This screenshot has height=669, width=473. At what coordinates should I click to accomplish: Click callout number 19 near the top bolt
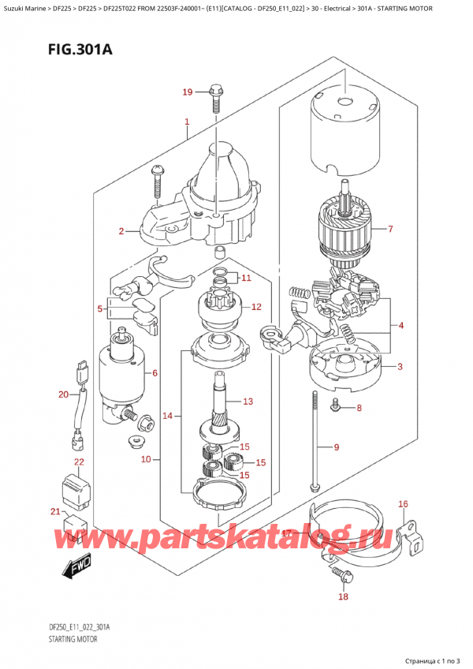point(187,92)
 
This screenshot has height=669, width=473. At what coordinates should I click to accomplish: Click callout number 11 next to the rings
point(245,278)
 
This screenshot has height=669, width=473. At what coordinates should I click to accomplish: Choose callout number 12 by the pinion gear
point(255,307)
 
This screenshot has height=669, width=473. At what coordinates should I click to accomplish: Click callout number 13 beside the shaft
point(248,402)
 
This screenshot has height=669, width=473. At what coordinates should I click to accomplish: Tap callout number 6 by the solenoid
point(155,373)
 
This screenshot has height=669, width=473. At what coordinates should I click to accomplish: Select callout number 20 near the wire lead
point(63,394)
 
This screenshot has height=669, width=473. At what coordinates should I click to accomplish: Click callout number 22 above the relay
point(79,462)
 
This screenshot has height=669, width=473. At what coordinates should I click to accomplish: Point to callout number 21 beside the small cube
point(55,513)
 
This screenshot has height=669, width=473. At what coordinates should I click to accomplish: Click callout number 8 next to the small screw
point(359,408)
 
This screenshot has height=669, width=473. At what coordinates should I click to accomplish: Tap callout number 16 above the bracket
point(403,503)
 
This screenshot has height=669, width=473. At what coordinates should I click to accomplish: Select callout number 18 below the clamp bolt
point(342,597)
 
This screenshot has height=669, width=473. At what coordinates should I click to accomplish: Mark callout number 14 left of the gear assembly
point(166,415)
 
